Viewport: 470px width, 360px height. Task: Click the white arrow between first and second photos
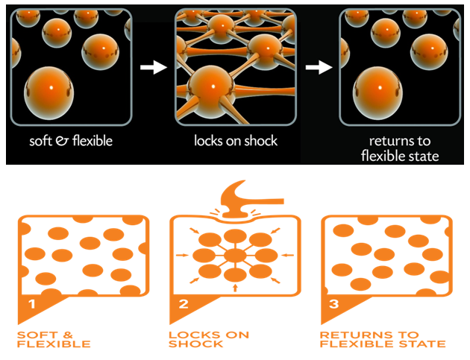coord(153,68)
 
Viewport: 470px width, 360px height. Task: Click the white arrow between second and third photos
coord(318,68)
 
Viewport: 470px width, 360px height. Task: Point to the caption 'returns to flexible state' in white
coord(401,148)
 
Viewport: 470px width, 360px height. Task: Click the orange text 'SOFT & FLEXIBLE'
coord(54,339)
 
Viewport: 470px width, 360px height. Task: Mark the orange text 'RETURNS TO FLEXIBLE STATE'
coord(382,339)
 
